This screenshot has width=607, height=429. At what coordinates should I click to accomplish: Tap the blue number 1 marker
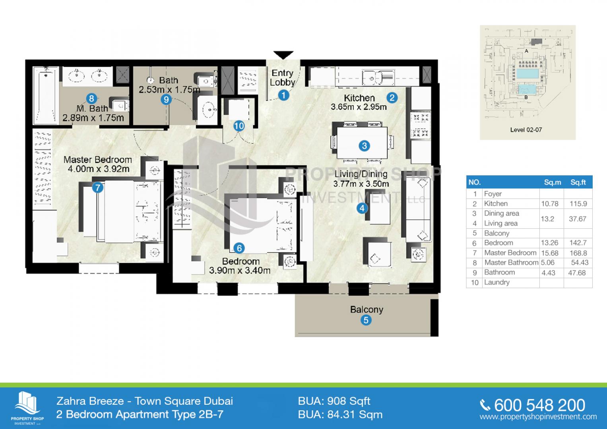click(x=283, y=95)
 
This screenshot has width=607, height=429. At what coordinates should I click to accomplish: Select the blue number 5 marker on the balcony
click(x=366, y=320)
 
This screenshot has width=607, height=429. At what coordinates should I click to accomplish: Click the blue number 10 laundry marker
click(x=239, y=126)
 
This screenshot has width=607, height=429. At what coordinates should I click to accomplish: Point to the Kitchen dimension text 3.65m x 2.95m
click(x=359, y=107)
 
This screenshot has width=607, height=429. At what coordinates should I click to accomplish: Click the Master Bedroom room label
click(x=97, y=160)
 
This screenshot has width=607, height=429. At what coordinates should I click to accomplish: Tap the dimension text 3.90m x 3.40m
click(x=240, y=270)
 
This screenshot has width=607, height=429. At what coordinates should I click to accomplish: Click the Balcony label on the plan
click(x=367, y=309)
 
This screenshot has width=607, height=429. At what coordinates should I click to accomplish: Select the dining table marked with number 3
click(x=362, y=143)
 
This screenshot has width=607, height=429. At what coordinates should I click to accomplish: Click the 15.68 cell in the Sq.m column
click(x=549, y=253)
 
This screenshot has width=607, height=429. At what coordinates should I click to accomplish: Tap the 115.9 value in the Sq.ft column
click(x=578, y=204)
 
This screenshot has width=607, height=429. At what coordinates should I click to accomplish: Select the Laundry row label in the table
click(x=497, y=282)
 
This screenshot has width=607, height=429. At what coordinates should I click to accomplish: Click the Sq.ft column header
click(x=578, y=182)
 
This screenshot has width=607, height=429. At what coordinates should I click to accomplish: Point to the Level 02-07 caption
click(x=526, y=130)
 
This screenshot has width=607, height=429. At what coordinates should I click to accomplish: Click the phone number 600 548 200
click(x=539, y=405)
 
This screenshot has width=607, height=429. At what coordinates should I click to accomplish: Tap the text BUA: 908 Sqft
click(x=334, y=401)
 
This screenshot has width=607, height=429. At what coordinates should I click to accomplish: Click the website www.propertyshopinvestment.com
click(x=538, y=417)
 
